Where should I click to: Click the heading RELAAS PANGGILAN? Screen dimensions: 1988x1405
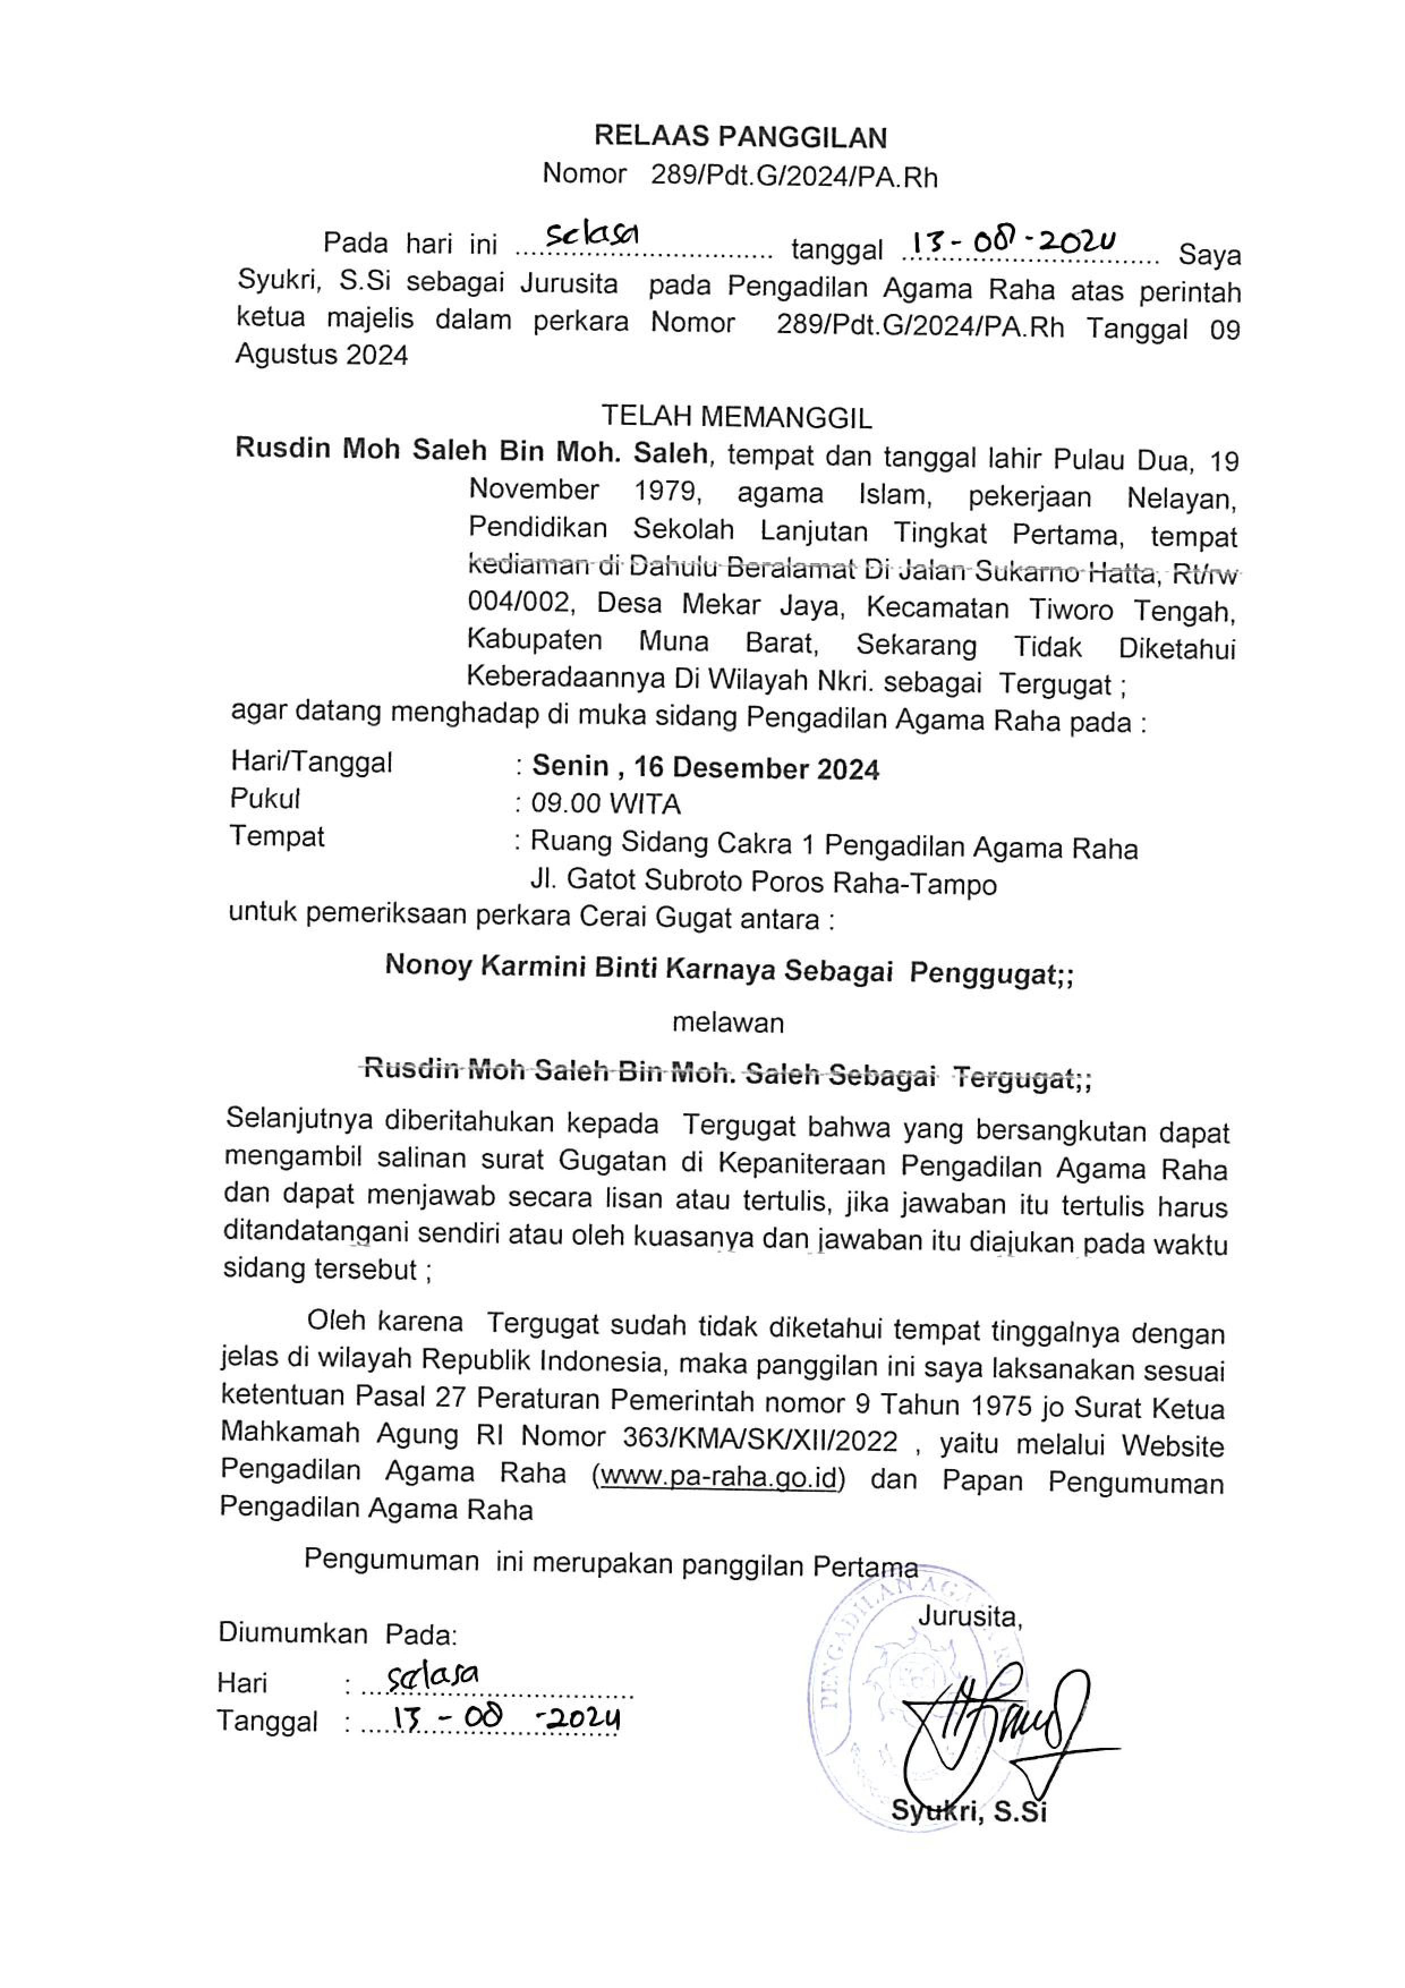click(x=740, y=137)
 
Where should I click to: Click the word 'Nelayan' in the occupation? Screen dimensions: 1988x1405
click(x=1181, y=498)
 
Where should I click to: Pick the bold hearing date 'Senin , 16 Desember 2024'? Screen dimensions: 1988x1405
click(x=705, y=767)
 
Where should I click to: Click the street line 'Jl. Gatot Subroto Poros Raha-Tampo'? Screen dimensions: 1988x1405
click(x=764, y=882)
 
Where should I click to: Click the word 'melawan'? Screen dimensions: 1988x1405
click(x=728, y=1023)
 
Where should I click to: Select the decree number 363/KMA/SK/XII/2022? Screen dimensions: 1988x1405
click(x=760, y=1439)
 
